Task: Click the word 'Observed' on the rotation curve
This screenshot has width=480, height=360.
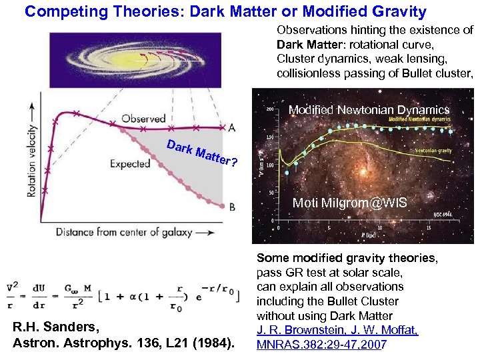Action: tap(143, 119)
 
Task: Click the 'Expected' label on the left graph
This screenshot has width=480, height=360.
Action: tap(130, 163)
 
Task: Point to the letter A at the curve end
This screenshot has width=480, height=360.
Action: tap(231, 127)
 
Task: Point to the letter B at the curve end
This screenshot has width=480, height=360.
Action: tap(231, 207)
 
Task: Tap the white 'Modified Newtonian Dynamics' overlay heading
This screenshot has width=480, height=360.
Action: tap(369, 110)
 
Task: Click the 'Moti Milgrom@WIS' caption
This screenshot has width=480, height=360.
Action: tap(349, 203)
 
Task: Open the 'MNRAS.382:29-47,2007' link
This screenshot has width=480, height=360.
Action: tap(321, 344)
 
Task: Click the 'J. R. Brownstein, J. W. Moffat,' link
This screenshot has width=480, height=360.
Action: tap(337, 330)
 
